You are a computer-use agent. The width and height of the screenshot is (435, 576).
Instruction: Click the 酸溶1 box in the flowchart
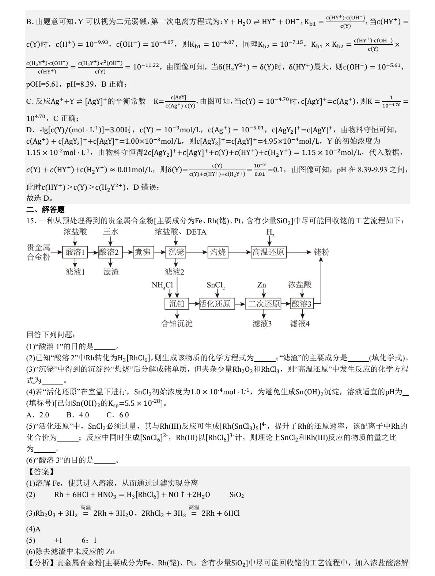tap(75, 252)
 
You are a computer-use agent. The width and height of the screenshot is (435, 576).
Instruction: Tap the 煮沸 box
tap(143, 252)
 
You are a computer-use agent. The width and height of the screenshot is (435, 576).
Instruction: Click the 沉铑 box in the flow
tap(177, 252)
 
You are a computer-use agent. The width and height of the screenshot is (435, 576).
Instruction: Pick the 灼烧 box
tap(218, 252)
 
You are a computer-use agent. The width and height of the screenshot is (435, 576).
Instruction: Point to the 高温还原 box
tap(268, 252)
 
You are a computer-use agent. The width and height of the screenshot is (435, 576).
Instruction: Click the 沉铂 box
tap(177, 304)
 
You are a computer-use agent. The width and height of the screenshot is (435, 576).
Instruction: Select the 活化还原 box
tap(215, 304)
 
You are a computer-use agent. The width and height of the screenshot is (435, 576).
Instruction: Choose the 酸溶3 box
tap(302, 304)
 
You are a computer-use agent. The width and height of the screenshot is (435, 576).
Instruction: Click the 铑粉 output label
tap(322, 252)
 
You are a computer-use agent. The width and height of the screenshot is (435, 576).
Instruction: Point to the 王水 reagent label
tap(110, 232)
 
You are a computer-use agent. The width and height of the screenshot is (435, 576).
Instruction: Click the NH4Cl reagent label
tap(162, 285)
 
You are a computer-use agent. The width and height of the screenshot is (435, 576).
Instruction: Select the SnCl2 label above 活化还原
tap(215, 285)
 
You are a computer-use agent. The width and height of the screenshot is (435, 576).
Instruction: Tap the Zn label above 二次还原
tap(262, 285)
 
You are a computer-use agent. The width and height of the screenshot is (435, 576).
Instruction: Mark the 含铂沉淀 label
tap(177, 323)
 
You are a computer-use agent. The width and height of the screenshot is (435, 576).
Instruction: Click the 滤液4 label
tap(300, 323)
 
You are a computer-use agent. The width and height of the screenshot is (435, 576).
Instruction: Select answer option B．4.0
tap(78, 415)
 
